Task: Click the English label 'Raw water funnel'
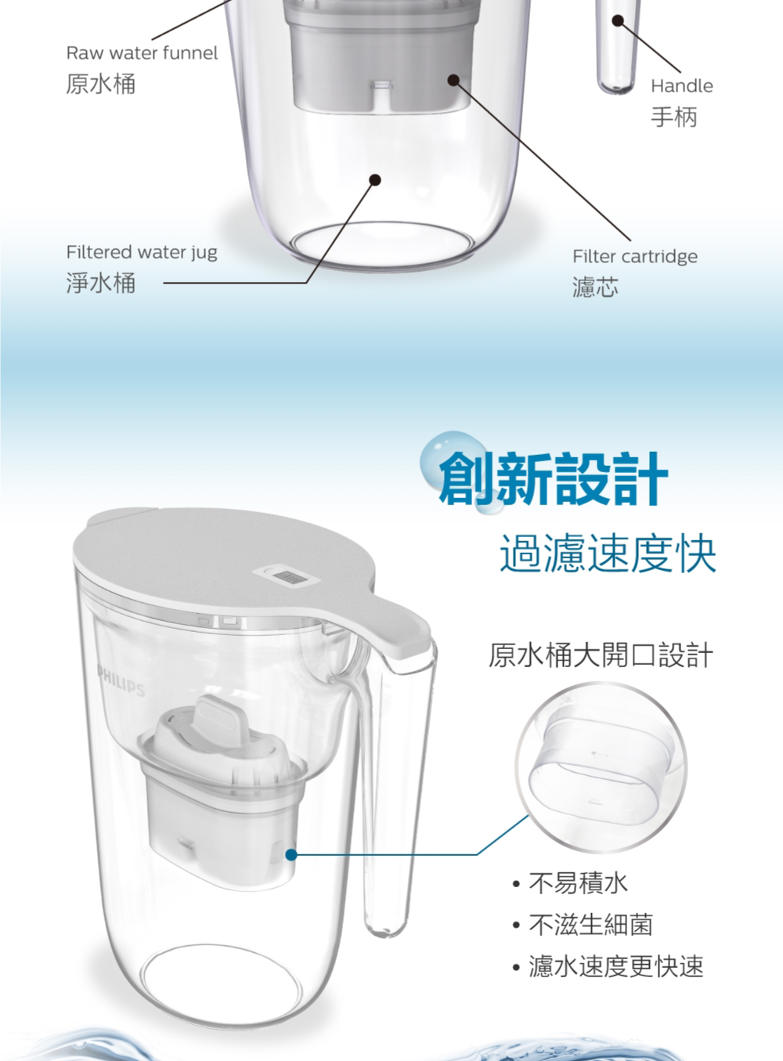142,53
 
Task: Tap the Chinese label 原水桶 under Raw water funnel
101,84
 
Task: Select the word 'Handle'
681,86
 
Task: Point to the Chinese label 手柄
674,117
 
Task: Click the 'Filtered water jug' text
142,253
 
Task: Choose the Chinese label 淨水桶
101,283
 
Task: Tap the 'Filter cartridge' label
635,257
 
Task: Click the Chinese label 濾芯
596,287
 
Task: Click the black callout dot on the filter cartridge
453,80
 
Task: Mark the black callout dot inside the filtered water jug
376,180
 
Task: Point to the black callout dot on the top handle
618,20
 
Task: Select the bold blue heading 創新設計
554,478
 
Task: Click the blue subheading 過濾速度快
608,554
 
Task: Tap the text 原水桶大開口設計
601,655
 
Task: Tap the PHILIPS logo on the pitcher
121,680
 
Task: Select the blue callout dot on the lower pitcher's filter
290,854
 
